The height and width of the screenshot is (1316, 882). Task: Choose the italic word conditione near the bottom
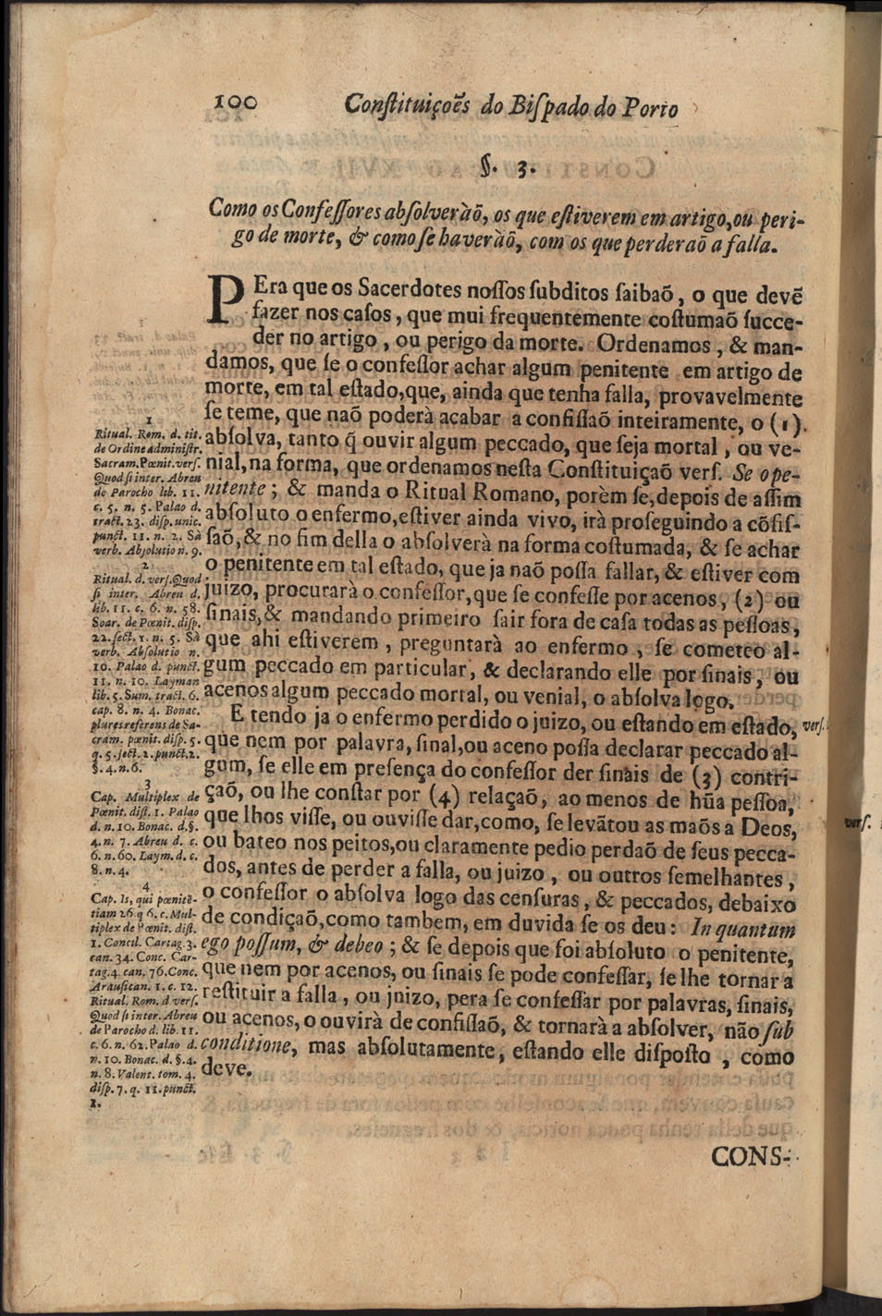click(x=248, y=1045)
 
